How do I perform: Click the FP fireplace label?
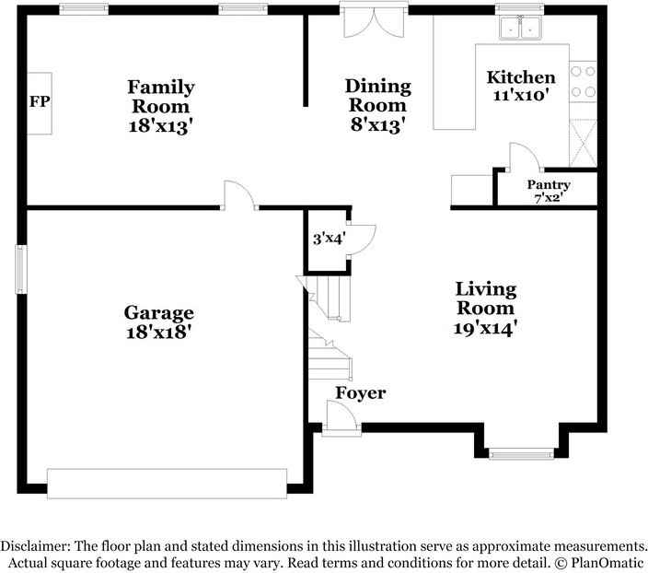[39, 101]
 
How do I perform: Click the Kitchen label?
[521, 77]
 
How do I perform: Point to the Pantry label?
[548, 185]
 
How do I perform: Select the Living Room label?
[486, 298]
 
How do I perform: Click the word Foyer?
[360, 394]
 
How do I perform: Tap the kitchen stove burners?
[582, 81]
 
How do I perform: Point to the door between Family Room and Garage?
[238, 194]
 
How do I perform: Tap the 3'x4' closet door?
[360, 238]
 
